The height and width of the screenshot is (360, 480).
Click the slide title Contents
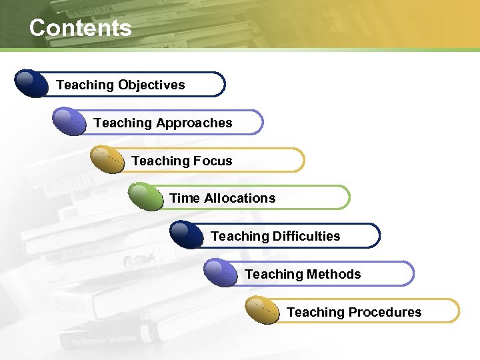[x=80, y=28]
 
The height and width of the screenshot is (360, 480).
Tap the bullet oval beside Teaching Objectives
[x=31, y=84]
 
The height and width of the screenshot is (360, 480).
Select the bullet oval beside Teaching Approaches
[x=69, y=122]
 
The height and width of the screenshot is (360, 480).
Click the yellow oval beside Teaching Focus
[x=107, y=159]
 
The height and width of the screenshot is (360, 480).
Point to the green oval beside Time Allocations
[x=145, y=197]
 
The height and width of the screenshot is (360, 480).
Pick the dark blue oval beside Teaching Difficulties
[x=187, y=235]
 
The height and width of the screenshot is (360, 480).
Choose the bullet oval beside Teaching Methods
[x=221, y=273]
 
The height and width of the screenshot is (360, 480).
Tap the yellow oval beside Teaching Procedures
[x=262, y=311]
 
